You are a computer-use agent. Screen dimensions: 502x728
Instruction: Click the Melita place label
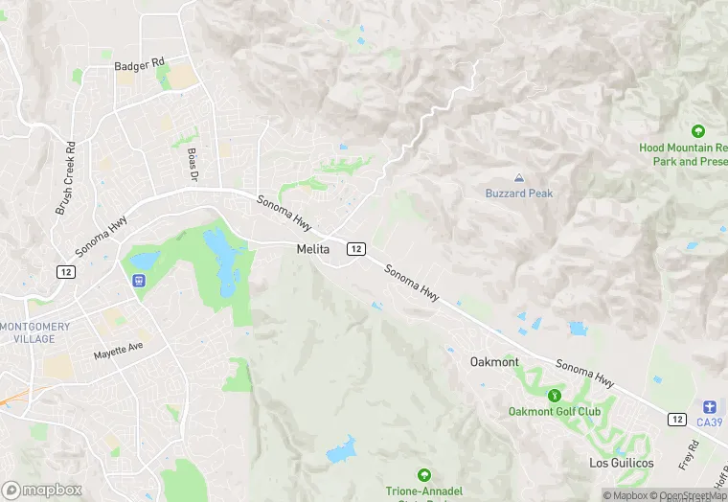[x=311, y=249]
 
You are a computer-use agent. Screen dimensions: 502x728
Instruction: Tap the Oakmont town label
[x=494, y=362]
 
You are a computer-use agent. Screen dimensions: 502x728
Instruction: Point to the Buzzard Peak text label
[x=518, y=194]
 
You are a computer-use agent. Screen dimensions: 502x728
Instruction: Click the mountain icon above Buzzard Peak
[x=519, y=178]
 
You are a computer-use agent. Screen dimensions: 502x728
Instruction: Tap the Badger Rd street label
[x=140, y=63]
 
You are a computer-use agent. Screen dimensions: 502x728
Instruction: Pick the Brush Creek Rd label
[x=66, y=178]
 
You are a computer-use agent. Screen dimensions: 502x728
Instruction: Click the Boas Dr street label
[x=193, y=166]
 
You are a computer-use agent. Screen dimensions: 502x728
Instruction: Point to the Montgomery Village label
[x=35, y=332]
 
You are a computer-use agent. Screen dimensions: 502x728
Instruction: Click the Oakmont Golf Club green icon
[x=554, y=396]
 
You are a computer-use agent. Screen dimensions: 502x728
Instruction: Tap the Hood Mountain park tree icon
[x=697, y=131]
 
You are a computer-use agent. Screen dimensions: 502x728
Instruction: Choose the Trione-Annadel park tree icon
[x=422, y=474]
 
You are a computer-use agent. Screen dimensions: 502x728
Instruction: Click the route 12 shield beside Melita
[x=356, y=249]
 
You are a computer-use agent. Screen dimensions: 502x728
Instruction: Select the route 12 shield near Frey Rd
[x=676, y=420]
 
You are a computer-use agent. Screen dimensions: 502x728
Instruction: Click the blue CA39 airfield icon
[x=709, y=406]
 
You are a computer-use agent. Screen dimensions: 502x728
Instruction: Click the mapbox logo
[x=42, y=490]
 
